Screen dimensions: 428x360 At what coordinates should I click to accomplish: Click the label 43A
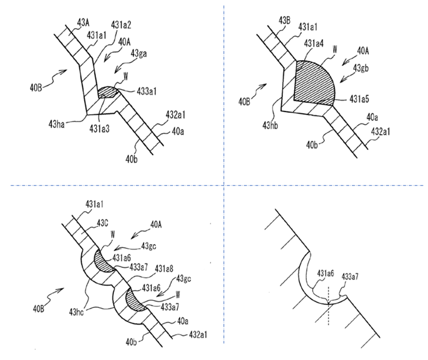click(83, 23)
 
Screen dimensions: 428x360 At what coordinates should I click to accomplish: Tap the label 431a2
click(121, 25)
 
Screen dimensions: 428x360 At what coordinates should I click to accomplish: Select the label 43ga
click(138, 53)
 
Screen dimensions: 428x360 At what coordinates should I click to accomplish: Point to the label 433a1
click(146, 91)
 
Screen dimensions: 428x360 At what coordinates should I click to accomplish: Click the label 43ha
click(56, 125)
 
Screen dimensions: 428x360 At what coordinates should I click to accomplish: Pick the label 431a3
click(99, 129)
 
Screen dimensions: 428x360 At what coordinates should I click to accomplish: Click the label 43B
click(284, 21)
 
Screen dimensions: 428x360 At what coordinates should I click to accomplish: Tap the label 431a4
click(313, 43)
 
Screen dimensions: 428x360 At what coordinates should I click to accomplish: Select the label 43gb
click(360, 68)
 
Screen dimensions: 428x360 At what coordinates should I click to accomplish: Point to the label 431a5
click(359, 100)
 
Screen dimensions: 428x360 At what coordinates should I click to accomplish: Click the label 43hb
click(270, 125)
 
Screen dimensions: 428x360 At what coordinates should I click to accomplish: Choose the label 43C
click(102, 223)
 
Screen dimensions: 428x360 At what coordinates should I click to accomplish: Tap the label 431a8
click(165, 268)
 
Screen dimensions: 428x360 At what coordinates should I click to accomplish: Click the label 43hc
click(76, 312)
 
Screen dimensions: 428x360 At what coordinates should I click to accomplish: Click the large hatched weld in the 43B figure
click(314, 83)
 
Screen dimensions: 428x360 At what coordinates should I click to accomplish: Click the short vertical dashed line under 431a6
click(329, 306)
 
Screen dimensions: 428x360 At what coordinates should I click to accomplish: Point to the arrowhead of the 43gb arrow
click(341, 81)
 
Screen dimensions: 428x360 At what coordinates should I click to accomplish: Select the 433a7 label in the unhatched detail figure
click(350, 276)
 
